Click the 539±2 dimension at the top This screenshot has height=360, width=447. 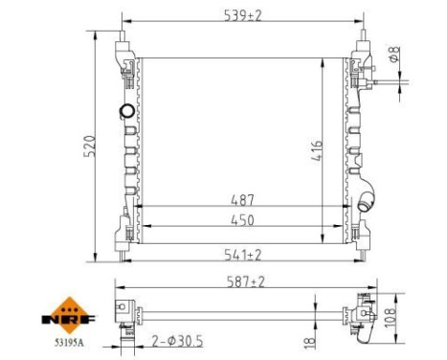[x=242, y=15]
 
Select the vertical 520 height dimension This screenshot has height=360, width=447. [x=89, y=146]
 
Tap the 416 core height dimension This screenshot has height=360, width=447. [x=317, y=150]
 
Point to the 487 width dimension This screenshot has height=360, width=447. [x=242, y=200]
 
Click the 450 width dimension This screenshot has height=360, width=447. [x=242, y=220]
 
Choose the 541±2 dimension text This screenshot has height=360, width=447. [x=242, y=255]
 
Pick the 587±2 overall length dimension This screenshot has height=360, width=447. [x=246, y=281]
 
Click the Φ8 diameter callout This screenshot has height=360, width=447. [x=394, y=54]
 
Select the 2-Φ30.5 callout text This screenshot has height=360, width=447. [x=177, y=342]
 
